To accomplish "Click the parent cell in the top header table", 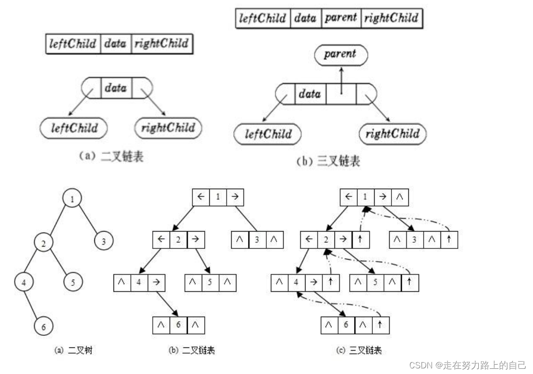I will pos(341,18).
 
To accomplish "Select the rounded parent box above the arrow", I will pos(340,54).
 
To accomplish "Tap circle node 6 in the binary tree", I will pos(43,326).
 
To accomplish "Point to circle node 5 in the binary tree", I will pos(73,282).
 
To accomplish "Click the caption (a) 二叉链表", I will pos(110,157).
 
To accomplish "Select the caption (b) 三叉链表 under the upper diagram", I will pos(328,162).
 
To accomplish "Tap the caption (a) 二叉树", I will pos(73,350).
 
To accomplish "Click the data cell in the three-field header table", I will pos(115,44).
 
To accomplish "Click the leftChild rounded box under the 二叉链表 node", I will pos(74,128).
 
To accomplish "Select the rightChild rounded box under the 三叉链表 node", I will pos(392,134).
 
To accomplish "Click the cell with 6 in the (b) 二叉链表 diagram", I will pos(178,325).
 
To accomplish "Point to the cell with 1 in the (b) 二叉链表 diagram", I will pos(218,197).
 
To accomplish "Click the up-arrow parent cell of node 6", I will pos(380,325).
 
